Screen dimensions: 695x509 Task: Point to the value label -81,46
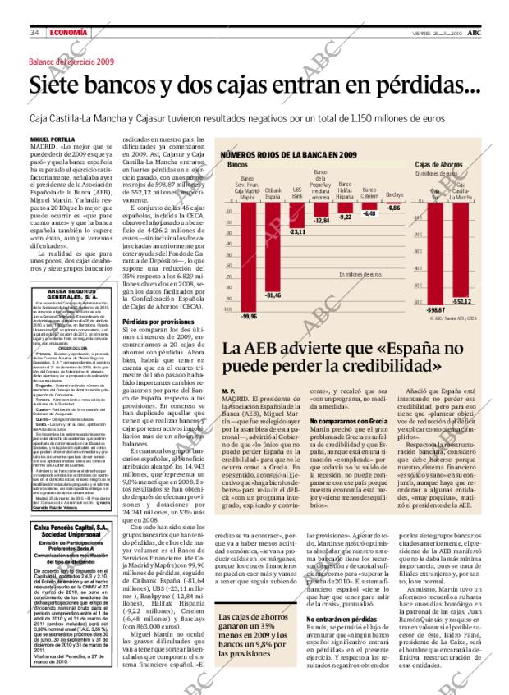click(x=273, y=294)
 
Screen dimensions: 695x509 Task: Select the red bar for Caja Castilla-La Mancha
click(x=461, y=249)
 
